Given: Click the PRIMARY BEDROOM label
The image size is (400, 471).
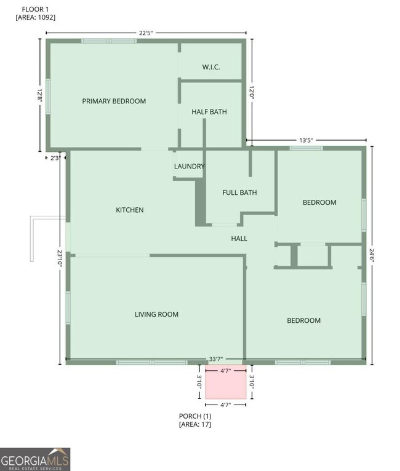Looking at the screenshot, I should pyautogui.click(x=114, y=101).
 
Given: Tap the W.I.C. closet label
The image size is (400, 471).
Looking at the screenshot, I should pyautogui.click(x=211, y=67).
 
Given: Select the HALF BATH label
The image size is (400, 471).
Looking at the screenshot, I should pyautogui.click(x=209, y=112).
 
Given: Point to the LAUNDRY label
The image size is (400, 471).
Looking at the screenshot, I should pyautogui.click(x=190, y=167).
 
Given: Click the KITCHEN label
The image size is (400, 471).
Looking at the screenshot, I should pyautogui.click(x=130, y=210).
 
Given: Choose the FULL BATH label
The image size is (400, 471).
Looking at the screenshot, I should pyautogui.click(x=239, y=192).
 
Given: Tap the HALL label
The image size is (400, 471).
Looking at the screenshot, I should pyautogui.click(x=239, y=239).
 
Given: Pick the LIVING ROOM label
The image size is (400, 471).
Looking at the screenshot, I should pyautogui.click(x=156, y=314).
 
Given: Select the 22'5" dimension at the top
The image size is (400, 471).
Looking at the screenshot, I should pyautogui.click(x=146, y=33).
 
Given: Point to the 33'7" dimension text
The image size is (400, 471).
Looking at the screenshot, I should pyautogui.click(x=215, y=359).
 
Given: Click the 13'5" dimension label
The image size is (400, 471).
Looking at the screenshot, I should pyautogui.click(x=306, y=140).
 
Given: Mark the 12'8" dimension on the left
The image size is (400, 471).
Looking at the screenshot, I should pyautogui.click(x=40, y=95).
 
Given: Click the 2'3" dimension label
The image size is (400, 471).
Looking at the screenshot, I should pyautogui.click(x=55, y=158).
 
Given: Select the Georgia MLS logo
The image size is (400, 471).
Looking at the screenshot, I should pyautogui.click(x=35, y=459).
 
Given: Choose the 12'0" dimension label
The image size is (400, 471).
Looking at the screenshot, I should pyautogui.click(x=251, y=93).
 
